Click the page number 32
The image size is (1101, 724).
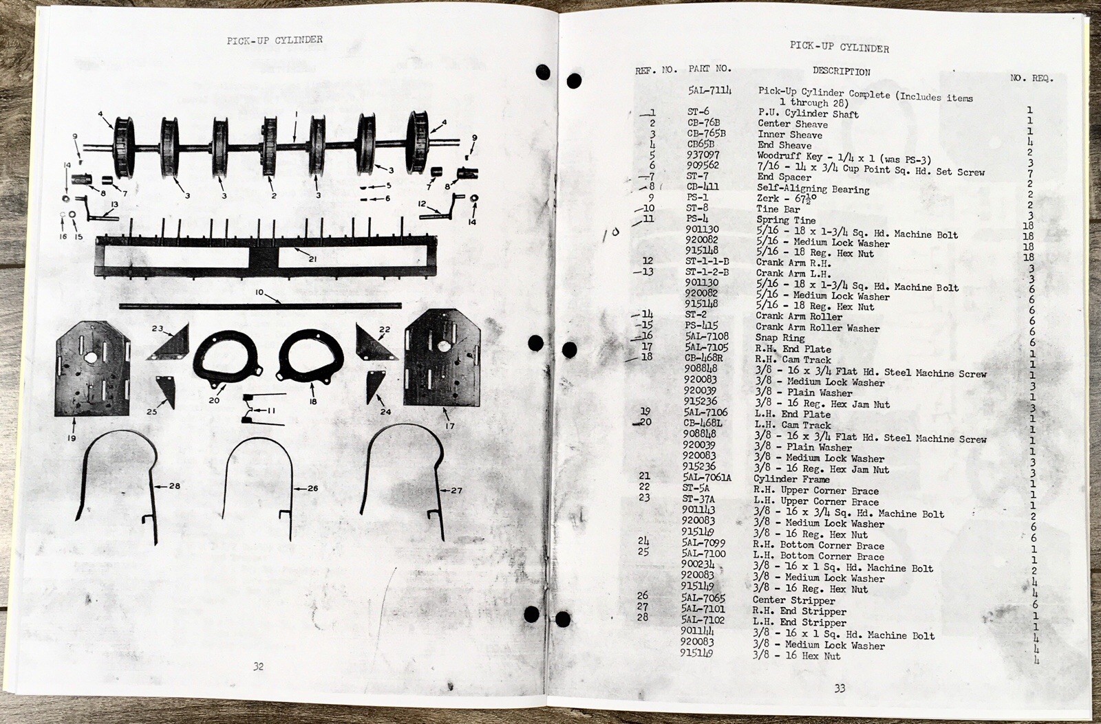258,666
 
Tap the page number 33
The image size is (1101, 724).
839,688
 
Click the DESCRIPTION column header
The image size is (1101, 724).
841,72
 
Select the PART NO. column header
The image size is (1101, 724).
709,69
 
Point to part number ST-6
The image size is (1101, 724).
698,112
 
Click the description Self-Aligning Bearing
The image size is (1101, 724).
813,188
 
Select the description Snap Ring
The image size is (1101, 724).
780,338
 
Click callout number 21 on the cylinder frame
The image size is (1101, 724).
312,259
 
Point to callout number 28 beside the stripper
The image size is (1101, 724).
174,486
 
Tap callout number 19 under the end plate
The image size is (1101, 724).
72,437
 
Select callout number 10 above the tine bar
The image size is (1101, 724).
259,292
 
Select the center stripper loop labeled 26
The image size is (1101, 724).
256,474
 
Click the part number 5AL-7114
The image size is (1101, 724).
709,91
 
